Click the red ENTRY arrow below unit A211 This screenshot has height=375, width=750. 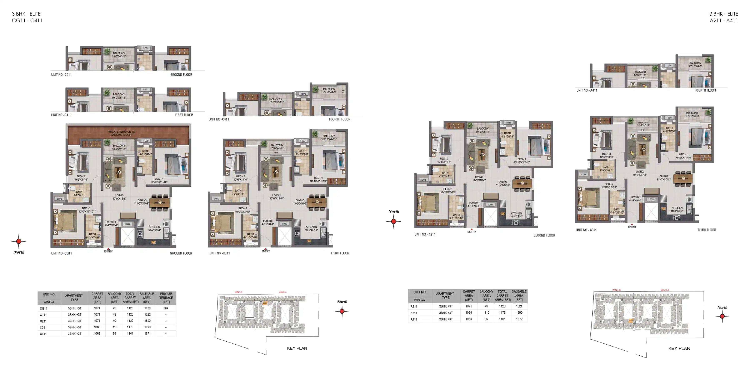(471, 229)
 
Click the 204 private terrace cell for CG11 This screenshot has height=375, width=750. (166, 308)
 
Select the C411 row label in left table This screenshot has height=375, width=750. (43, 334)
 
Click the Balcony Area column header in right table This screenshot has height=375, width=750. (486, 295)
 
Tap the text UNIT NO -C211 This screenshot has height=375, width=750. (61, 75)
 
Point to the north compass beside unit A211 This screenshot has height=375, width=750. (394, 221)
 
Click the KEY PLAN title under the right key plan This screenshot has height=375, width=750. (679, 349)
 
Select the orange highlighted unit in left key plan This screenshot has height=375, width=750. (265, 303)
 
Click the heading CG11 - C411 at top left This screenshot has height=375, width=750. (27, 21)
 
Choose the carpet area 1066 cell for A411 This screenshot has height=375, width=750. (469, 319)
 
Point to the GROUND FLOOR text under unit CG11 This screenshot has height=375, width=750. (181, 253)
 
